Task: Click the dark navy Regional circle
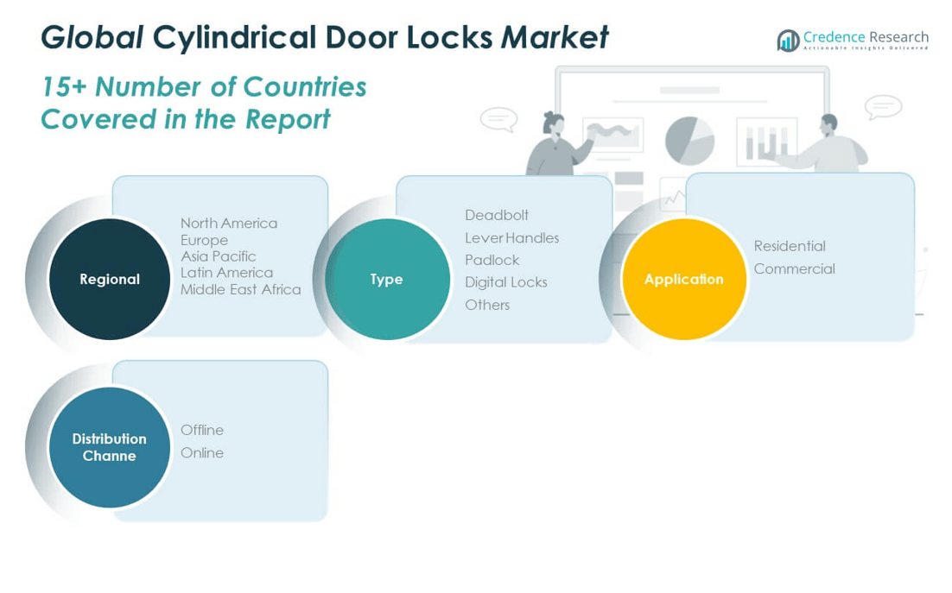pyautogui.click(x=110, y=279)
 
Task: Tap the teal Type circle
pyautogui.click(x=387, y=279)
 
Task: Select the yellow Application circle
pyautogui.click(x=683, y=279)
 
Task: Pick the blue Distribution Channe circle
pyautogui.click(x=110, y=447)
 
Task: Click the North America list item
pyautogui.click(x=229, y=223)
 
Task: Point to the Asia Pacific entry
pyautogui.click(x=218, y=255)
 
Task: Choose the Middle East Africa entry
pyautogui.click(x=240, y=289)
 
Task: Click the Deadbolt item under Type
pyautogui.click(x=496, y=215)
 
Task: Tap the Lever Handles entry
pyautogui.click(x=511, y=237)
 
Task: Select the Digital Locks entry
pyautogui.click(x=505, y=282)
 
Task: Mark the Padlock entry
pyautogui.click(x=492, y=260)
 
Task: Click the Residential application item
pyautogui.click(x=789, y=246)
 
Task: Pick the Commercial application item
pyautogui.click(x=794, y=268)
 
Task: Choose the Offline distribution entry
pyautogui.click(x=201, y=430)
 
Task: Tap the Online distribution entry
pyautogui.click(x=201, y=452)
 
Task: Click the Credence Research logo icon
pyautogui.click(x=788, y=41)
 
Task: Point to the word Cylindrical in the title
pyautogui.click(x=233, y=37)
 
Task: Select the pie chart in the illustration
pyautogui.click(x=689, y=140)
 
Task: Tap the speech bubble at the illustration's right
pyautogui.click(x=883, y=107)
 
